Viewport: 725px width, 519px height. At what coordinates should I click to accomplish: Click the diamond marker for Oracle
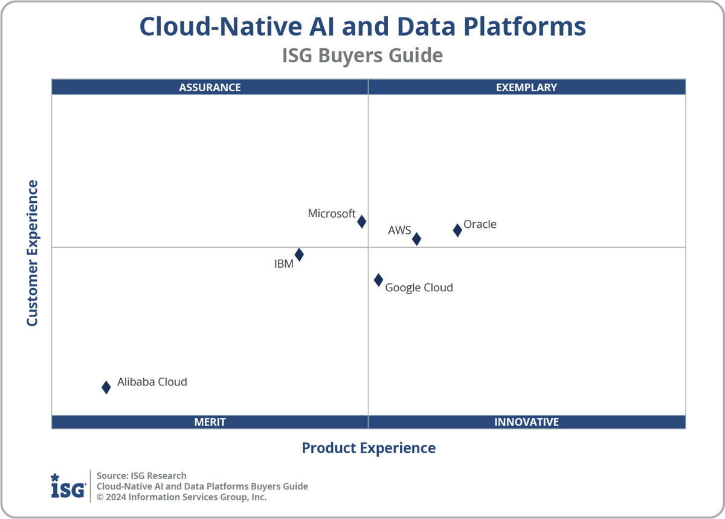pyautogui.click(x=457, y=230)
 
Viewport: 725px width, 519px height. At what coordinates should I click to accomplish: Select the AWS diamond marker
pyautogui.click(x=416, y=239)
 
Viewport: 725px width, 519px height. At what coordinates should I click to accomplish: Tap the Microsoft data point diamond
pyautogui.click(x=361, y=222)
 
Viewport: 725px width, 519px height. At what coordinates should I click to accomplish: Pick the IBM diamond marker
pyautogui.click(x=299, y=255)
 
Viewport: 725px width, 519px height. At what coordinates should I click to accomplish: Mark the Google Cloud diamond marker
pyautogui.click(x=378, y=280)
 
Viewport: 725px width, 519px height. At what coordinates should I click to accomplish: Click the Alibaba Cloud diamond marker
pyautogui.click(x=106, y=387)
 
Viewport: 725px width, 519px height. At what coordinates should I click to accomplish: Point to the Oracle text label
pyautogui.click(x=480, y=224)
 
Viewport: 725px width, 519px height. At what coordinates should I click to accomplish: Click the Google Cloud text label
pyautogui.click(x=419, y=288)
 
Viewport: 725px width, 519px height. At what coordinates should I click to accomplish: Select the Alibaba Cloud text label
pyautogui.click(x=152, y=382)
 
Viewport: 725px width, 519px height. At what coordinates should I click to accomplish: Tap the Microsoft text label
pyautogui.click(x=332, y=213)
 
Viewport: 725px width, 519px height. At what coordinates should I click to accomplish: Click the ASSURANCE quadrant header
pyautogui.click(x=210, y=87)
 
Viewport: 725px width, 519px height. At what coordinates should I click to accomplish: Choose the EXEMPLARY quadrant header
pyautogui.click(x=526, y=87)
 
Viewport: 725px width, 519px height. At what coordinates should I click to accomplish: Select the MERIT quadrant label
pyautogui.click(x=210, y=422)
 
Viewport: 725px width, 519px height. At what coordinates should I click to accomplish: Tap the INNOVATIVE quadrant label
pyautogui.click(x=526, y=422)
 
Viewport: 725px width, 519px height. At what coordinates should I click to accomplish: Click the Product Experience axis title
pyautogui.click(x=369, y=448)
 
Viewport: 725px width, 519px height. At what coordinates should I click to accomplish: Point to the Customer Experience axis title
pyautogui.click(x=32, y=253)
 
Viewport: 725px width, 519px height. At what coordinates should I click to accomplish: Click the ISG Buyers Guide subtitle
pyautogui.click(x=362, y=56)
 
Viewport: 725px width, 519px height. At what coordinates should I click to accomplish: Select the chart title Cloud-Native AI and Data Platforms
pyautogui.click(x=362, y=27)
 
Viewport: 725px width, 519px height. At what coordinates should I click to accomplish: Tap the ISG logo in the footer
pyautogui.click(x=68, y=486)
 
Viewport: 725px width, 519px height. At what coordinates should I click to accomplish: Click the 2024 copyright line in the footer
pyautogui.click(x=182, y=497)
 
